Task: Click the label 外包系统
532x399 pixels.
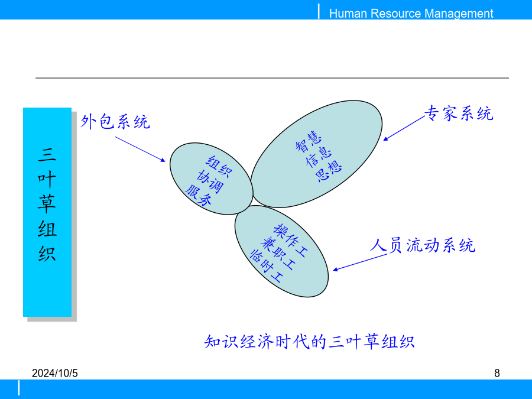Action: point(115,121)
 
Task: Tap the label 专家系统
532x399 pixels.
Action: point(459,113)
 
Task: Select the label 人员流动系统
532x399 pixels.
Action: point(423,245)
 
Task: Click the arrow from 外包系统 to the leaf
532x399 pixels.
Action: point(140,150)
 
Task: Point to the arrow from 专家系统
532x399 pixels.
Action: point(404,128)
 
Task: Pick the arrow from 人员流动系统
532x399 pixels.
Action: point(360,262)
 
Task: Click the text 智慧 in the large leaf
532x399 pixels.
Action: point(309,141)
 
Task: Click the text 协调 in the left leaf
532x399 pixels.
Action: point(210,181)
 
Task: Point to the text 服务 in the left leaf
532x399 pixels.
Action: point(199,196)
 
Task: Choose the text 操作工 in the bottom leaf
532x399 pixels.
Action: point(291,240)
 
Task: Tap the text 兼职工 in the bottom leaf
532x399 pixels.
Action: point(278,254)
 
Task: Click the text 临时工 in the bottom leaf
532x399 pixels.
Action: point(266,267)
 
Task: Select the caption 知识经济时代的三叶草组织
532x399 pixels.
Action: point(309,341)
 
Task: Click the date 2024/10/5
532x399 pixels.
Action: point(54,373)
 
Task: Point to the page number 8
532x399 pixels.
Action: point(497,373)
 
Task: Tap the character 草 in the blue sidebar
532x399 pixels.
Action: point(47,203)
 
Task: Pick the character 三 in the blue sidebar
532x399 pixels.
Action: point(47,154)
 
